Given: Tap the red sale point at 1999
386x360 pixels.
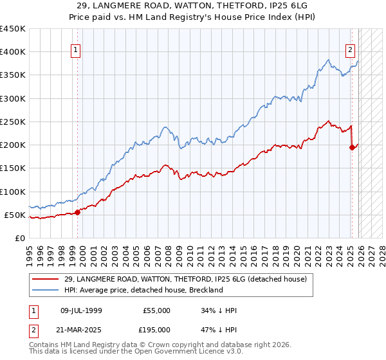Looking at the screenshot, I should pyautogui.click(x=77, y=212).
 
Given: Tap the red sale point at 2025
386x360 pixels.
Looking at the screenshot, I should pyautogui.click(x=352, y=147).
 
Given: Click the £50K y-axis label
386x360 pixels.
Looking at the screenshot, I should pyautogui.click(x=15, y=215).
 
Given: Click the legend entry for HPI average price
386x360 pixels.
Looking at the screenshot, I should pyautogui.click(x=143, y=290).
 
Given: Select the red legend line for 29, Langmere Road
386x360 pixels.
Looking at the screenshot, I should pyautogui.click(x=46, y=279).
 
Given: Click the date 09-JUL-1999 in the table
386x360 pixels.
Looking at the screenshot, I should pyautogui.click(x=81, y=310).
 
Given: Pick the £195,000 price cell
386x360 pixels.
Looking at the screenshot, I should pyautogui.click(x=156, y=329).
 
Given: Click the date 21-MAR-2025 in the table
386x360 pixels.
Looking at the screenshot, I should pyautogui.click(x=81, y=329).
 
